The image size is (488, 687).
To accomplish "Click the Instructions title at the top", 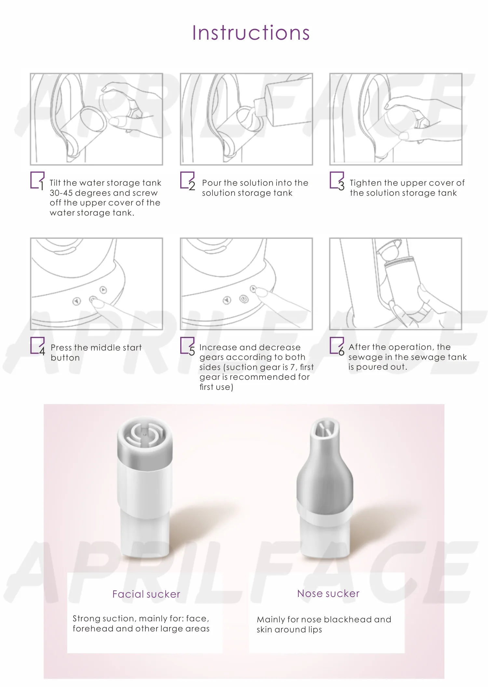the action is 251,33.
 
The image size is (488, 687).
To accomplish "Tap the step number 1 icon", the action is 37,181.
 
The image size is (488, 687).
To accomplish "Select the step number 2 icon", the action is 188,181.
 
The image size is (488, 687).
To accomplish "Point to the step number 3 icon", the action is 337,181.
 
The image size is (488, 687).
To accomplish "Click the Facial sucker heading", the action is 146,594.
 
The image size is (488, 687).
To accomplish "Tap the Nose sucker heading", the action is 328,593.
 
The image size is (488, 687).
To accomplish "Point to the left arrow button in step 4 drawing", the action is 76,301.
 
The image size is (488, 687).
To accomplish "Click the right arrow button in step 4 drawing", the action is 103,289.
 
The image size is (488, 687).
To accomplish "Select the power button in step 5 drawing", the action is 244,299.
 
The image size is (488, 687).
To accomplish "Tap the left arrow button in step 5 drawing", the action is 227,300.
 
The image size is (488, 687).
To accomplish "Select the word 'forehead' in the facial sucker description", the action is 93,628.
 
